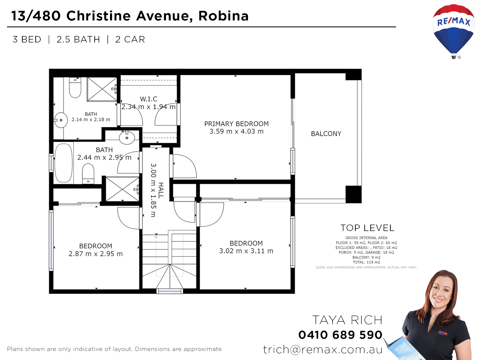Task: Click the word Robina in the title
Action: (x=223, y=16)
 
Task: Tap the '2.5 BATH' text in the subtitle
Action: (x=78, y=39)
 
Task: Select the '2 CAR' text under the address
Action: (x=130, y=39)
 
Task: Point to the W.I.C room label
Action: (x=148, y=99)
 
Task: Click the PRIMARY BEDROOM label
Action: (x=236, y=124)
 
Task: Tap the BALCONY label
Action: (x=326, y=134)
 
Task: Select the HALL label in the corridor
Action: (x=161, y=190)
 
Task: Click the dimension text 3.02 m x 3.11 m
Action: (x=246, y=251)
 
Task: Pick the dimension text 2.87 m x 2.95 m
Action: (x=96, y=254)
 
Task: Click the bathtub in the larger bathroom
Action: (x=63, y=163)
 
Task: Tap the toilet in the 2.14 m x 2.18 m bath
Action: (x=75, y=87)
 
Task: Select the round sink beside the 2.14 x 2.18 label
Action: (x=61, y=120)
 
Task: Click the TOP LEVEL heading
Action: (x=367, y=228)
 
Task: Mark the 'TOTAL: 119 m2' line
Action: (x=366, y=262)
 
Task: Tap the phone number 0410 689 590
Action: (x=340, y=335)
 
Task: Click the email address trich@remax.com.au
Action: (x=323, y=349)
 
